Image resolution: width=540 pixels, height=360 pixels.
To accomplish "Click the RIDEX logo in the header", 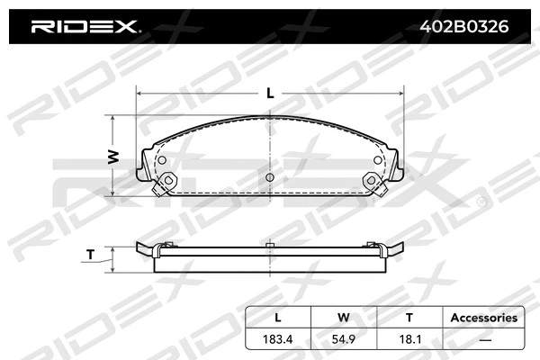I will coord(85,27).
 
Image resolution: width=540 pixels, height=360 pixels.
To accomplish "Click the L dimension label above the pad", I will coord(270,91).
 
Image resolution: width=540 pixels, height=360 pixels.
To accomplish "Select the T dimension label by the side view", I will coord(92,255).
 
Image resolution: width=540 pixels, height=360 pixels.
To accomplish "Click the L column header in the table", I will coord(278,318).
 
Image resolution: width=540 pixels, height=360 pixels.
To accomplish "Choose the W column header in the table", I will coord(344,318).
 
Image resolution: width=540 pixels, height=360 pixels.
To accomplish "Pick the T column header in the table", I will coord(409,318).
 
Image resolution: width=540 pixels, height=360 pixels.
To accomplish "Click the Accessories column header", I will coord(483,318).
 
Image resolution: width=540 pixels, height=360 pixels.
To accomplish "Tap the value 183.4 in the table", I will coord(278,340).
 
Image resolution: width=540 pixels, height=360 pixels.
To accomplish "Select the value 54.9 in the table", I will coord(344,340).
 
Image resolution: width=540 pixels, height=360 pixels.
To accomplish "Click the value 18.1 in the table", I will coord(409,340).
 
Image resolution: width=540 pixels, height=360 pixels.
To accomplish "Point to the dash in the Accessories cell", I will coord(483,340).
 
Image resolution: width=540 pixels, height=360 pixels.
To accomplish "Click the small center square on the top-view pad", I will coord(270,178).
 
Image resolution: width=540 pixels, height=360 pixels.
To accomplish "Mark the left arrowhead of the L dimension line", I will coord(139,91).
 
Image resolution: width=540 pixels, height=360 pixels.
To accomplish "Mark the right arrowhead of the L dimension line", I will coord(400,91).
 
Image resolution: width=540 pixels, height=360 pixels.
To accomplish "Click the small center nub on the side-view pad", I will coord(270,243).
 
